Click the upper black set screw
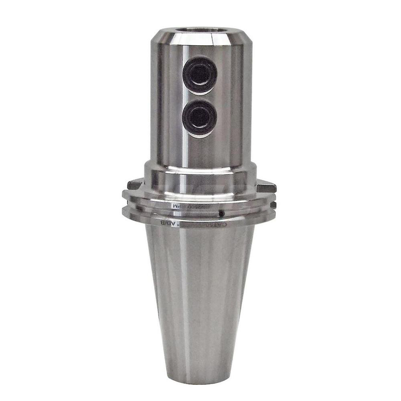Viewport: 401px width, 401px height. click(x=200, y=75)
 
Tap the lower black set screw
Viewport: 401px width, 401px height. click(x=199, y=118)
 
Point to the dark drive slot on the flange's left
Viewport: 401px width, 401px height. click(x=134, y=185)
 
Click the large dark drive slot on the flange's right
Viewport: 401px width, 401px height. click(x=266, y=187)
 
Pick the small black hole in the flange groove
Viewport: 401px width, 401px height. click(x=221, y=213)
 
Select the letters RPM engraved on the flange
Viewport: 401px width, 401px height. click(x=177, y=206)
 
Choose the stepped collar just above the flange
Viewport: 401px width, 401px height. click(x=200, y=170)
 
